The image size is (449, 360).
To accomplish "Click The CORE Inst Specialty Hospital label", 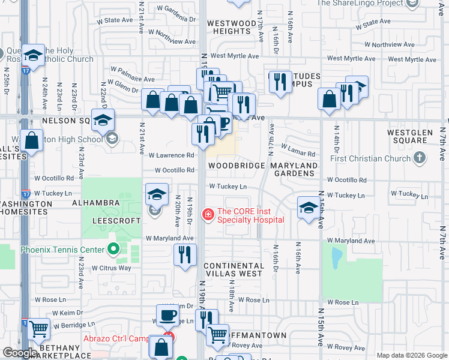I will pyautogui.click(x=250, y=215).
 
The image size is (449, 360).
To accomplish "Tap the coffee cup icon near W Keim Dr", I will pyautogui.click(x=168, y=315).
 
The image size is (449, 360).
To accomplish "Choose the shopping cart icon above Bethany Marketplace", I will pyautogui.click(x=38, y=328).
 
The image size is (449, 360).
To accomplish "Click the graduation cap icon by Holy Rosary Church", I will pyautogui.click(x=34, y=56).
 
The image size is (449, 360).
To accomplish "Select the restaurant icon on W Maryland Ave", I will pyautogui.click(x=185, y=254).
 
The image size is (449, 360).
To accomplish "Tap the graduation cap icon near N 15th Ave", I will pyautogui.click(x=309, y=208).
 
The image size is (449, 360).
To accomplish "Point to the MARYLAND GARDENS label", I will pyautogui.click(x=294, y=169).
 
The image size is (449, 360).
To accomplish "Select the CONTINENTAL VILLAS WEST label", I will pyautogui.click(x=233, y=269).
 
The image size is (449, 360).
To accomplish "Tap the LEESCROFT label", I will pyautogui.click(x=116, y=220).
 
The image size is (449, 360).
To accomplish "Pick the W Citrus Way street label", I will pyautogui.click(x=111, y=268).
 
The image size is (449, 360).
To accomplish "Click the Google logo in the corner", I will pyautogui.click(x=20, y=353).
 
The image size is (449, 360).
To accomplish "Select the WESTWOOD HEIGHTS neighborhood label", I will pyautogui.click(x=232, y=27).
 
